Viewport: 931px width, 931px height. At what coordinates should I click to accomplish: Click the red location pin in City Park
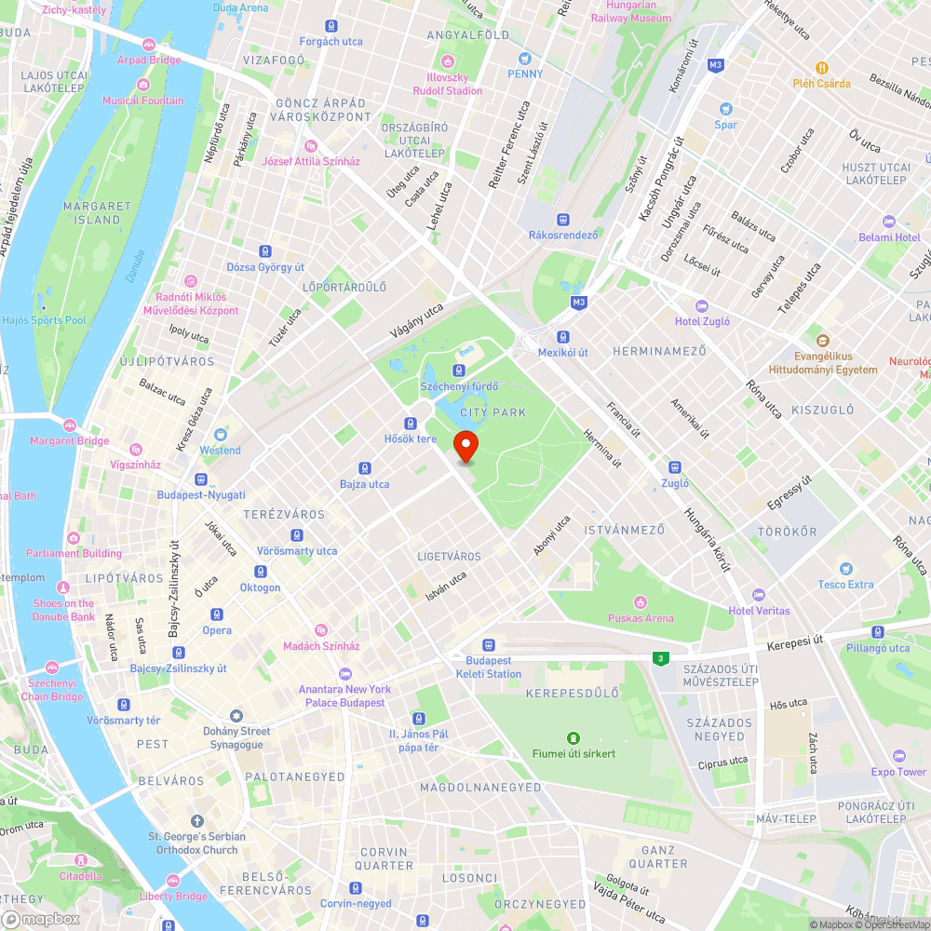tap(466, 445)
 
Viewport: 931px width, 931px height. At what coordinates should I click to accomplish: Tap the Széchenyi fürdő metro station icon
tap(460, 371)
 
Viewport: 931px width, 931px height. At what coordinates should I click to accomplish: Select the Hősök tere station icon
tap(410, 424)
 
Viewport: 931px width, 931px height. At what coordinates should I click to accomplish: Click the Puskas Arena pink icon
tap(640, 601)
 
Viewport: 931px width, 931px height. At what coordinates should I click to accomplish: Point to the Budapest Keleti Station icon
tap(489, 645)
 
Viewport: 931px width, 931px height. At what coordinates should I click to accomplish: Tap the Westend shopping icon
tap(221, 434)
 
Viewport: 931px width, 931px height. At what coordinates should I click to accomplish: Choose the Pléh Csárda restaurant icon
tap(821, 67)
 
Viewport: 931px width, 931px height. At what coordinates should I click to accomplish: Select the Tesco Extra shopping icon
tap(845, 568)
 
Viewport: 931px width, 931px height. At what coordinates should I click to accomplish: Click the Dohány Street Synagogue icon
tap(236, 715)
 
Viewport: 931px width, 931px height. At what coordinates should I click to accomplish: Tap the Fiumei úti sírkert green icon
tap(573, 736)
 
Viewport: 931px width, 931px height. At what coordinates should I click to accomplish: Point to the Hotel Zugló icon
tap(702, 305)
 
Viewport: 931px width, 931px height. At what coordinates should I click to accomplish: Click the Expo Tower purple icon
tap(898, 755)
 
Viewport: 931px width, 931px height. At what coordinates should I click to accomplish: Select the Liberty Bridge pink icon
tap(173, 880)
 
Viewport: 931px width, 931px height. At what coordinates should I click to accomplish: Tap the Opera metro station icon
tap(217, 614)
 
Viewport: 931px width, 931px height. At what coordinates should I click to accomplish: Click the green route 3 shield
tap(660, 658)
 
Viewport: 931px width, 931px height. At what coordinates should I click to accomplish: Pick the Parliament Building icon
tap(74, 537)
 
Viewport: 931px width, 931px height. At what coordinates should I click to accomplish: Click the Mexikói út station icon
tap(563, 336)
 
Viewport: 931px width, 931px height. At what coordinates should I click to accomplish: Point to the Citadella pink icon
tap(81, 859)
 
